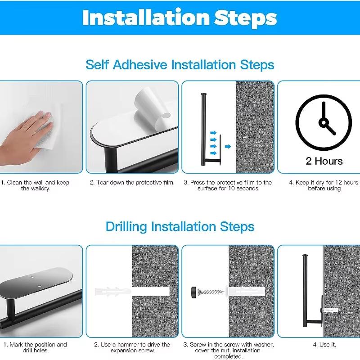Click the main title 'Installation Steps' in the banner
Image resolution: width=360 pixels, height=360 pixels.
pos(180,18)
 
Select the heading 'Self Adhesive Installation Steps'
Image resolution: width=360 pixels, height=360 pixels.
pos(180,64)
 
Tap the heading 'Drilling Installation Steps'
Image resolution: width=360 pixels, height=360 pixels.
pos(180,226)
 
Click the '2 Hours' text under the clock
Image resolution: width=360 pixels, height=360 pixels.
pos(324,161)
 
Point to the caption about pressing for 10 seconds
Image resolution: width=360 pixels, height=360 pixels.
pos(228,185)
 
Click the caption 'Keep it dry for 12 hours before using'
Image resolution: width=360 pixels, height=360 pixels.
pos(324,185)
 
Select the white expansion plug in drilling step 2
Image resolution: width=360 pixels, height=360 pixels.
pos(112,291)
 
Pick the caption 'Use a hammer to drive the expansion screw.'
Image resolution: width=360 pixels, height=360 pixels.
pos(132,347)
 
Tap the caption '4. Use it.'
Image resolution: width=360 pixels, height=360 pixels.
pos(324,345)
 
